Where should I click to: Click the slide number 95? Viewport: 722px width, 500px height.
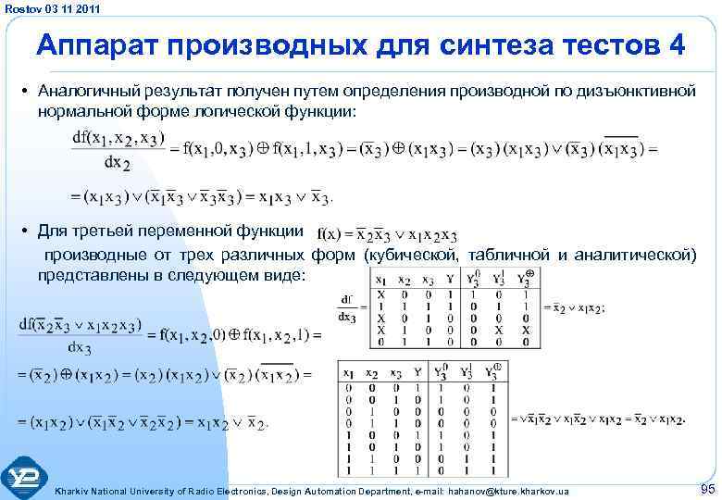tap(708, 488)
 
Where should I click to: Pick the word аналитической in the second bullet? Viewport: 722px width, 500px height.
tap(639, 255)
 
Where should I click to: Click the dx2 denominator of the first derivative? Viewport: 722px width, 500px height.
tap(118, 163)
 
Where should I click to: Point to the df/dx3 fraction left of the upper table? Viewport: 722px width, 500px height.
tap(348, 306)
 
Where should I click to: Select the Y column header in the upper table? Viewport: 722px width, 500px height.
tap(449, 281)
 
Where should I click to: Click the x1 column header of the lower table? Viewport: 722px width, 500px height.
tap(348, 373)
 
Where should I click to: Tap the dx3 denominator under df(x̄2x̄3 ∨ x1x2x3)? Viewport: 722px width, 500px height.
tap(80, 348)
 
